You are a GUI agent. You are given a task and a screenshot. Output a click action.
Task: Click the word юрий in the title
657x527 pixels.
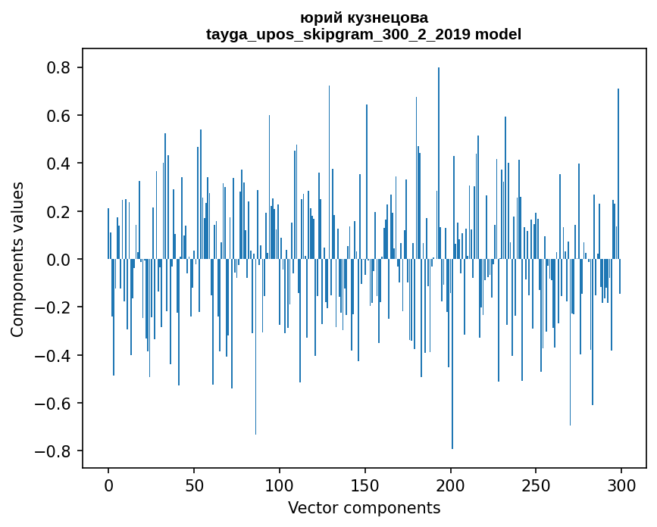click(321, 17)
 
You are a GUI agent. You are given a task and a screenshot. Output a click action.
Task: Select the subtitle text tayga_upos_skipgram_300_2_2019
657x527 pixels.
click(338, 34)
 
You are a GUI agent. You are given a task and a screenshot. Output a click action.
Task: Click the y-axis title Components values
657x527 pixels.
click(17, 259)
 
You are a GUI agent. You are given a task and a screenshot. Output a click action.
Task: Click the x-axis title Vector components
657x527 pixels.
click(364, 507)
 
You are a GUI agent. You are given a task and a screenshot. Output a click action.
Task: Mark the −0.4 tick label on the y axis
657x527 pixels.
click(55, 355)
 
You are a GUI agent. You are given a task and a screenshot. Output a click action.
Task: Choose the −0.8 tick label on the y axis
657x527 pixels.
click(55, 451)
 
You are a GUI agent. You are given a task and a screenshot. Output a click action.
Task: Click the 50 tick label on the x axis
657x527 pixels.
click(194, 484)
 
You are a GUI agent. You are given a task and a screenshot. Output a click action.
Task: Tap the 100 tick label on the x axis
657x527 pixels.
click(280, 484)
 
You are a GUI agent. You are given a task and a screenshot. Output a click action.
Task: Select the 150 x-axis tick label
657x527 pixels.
click(365, 484)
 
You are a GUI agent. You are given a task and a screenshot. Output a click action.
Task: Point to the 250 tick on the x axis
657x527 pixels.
click(536, 484)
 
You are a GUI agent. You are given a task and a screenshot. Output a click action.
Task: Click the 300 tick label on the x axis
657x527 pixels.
click(621, 484)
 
